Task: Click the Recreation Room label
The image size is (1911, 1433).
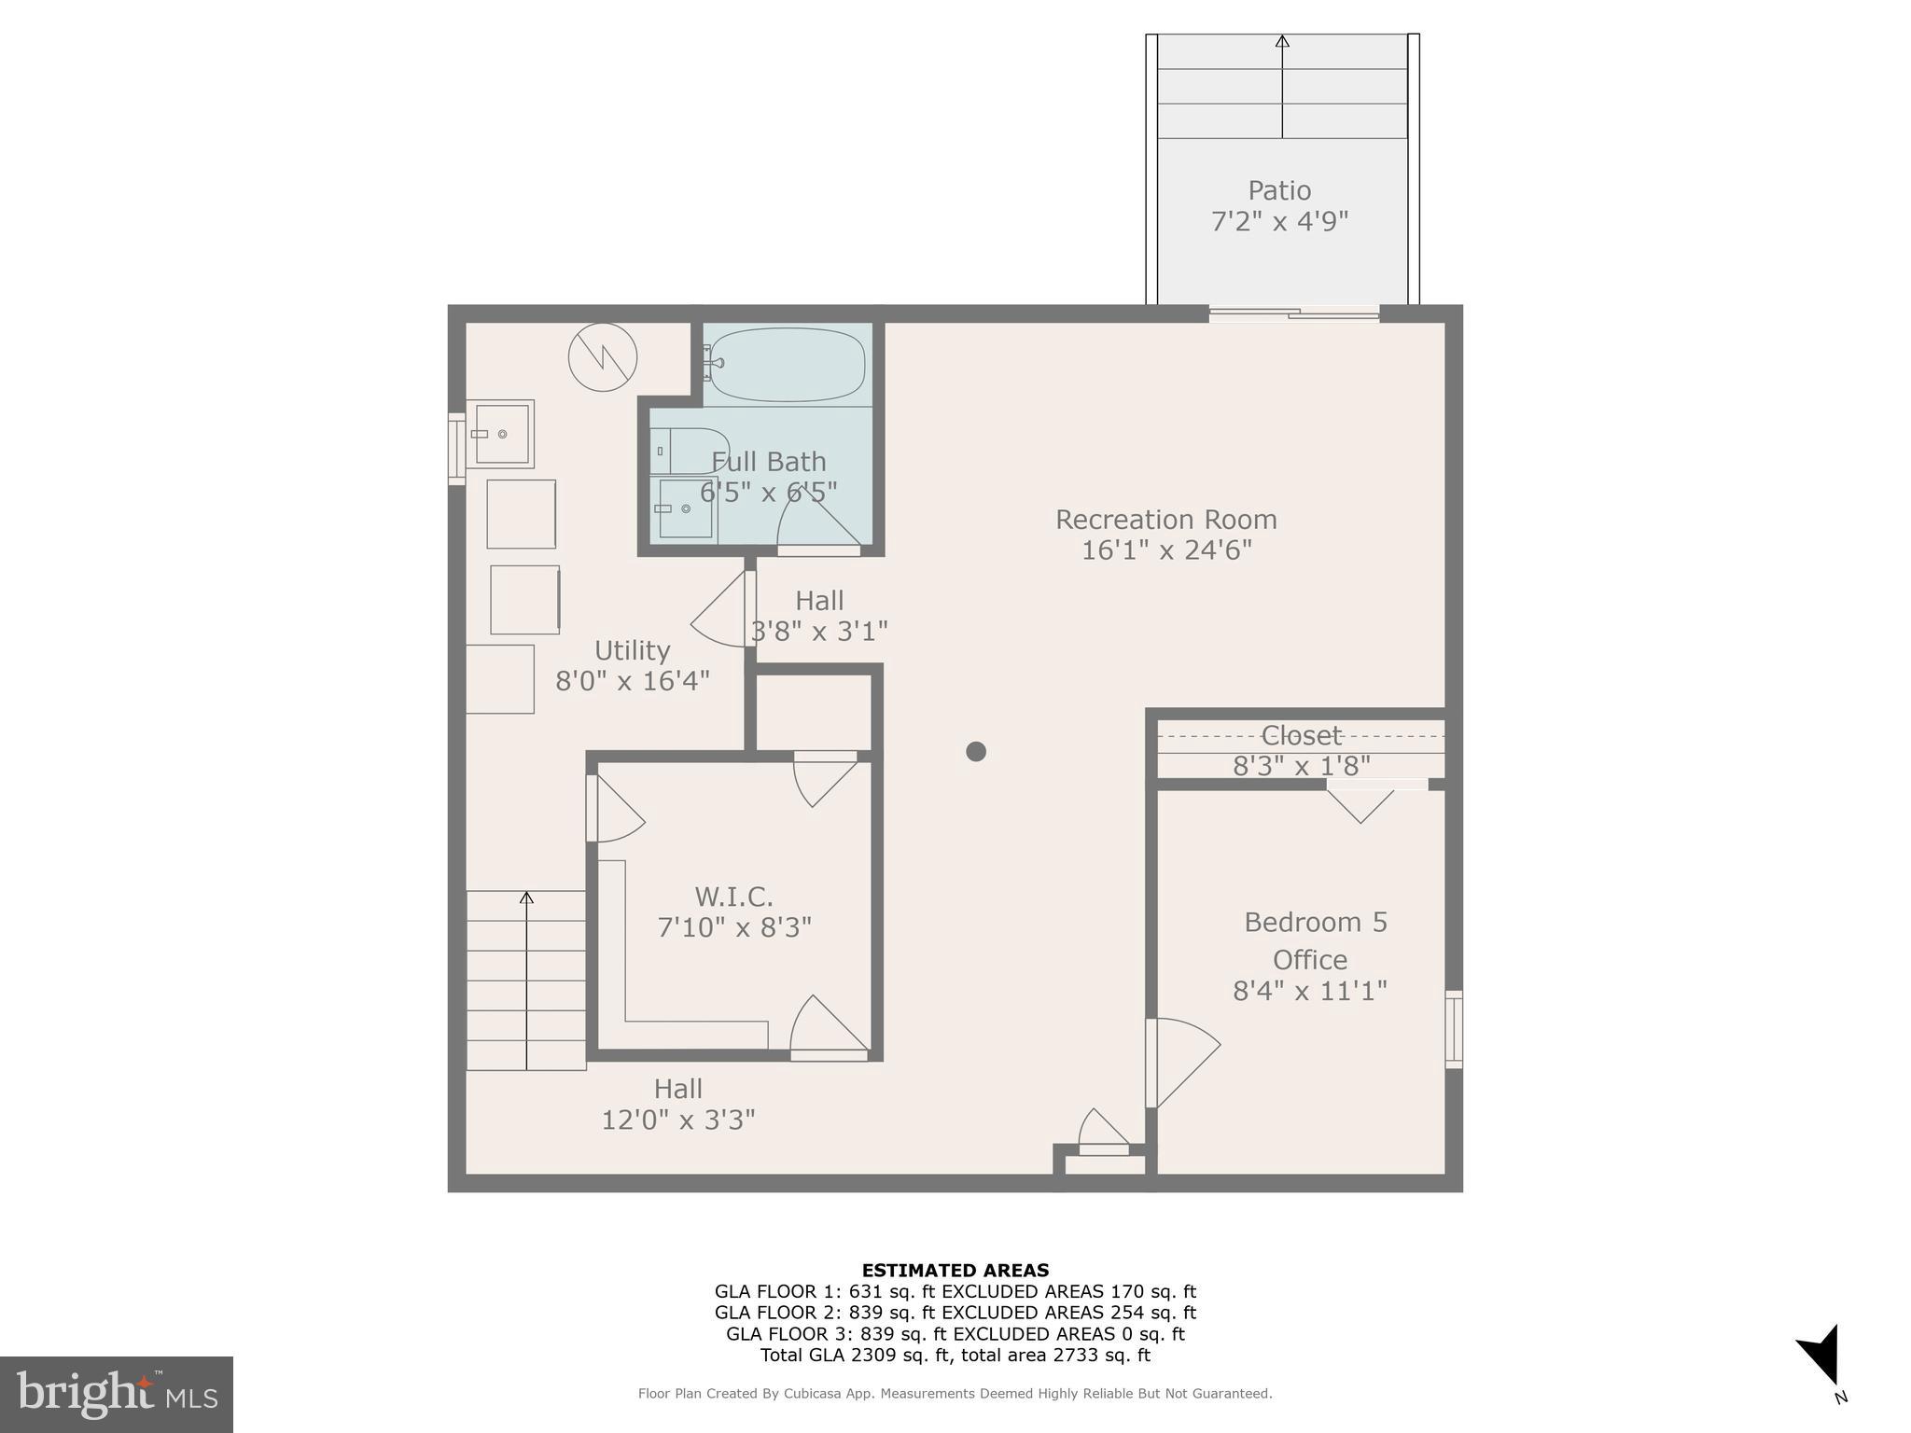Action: [x=1165, y=520]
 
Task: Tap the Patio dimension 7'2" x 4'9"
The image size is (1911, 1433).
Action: [x=1279, y=222]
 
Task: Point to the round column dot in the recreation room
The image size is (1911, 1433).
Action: [x=976, y=751]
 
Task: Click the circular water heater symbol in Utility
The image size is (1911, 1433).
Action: [x=603, y=356]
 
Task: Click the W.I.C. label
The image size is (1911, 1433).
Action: [x=733, y=897]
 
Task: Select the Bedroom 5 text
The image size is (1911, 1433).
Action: [x=1315, y=923]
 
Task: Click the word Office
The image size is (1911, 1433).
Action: [x=1310, y=960]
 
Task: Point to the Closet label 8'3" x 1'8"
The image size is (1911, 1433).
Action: [x=1301, y=751]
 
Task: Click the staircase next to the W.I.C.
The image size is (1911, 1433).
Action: [x=526, y=980]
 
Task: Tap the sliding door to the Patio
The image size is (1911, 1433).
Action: [x=1294, y=314]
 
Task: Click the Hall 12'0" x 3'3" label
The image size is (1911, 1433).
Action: [x=678, y=1104]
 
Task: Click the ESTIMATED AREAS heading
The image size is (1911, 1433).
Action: [x=955, y=1270]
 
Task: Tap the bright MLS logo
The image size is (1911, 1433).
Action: [x=117, y=1394]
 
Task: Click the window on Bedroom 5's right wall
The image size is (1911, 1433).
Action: [x=1454, y=1029]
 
